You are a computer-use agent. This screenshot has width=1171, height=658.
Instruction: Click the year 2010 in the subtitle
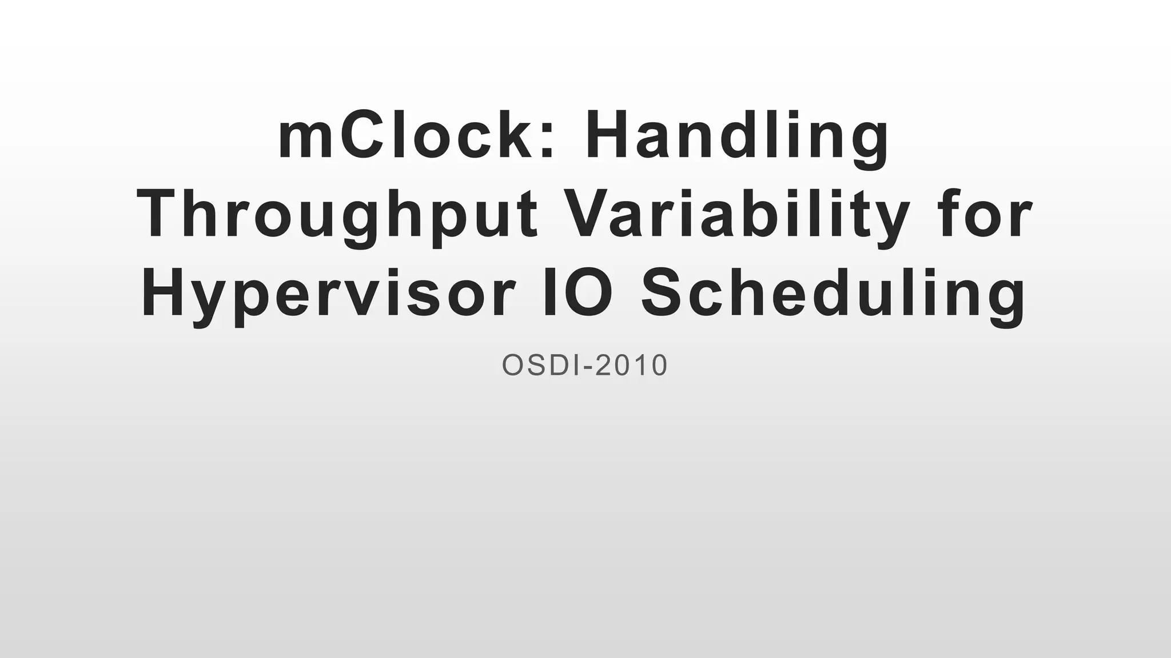click(631, 366)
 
